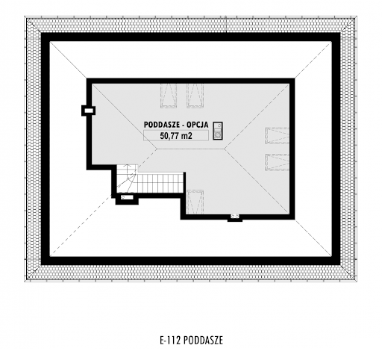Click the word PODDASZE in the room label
click(x=161, y=125)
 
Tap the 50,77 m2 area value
click(x=176, y=136)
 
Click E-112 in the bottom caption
click(x=170, y=340)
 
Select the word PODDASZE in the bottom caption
click(x=203, y=340)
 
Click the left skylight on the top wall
click(x=169, y=96)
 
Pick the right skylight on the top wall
click(x=195, y=96)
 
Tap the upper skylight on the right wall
click(x=277, y=136)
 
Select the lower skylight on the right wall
click(x=277, y=162)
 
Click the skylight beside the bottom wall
click(x=195, y=202)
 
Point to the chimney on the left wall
click(x=89, y=111)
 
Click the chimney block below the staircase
click(x=127, y=199)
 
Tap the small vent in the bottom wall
click(x=235, y=217)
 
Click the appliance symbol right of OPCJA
click(x=218, y=131)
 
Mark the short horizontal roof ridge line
click(x=190, y=149)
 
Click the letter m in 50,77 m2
click(x=184, y=137)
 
